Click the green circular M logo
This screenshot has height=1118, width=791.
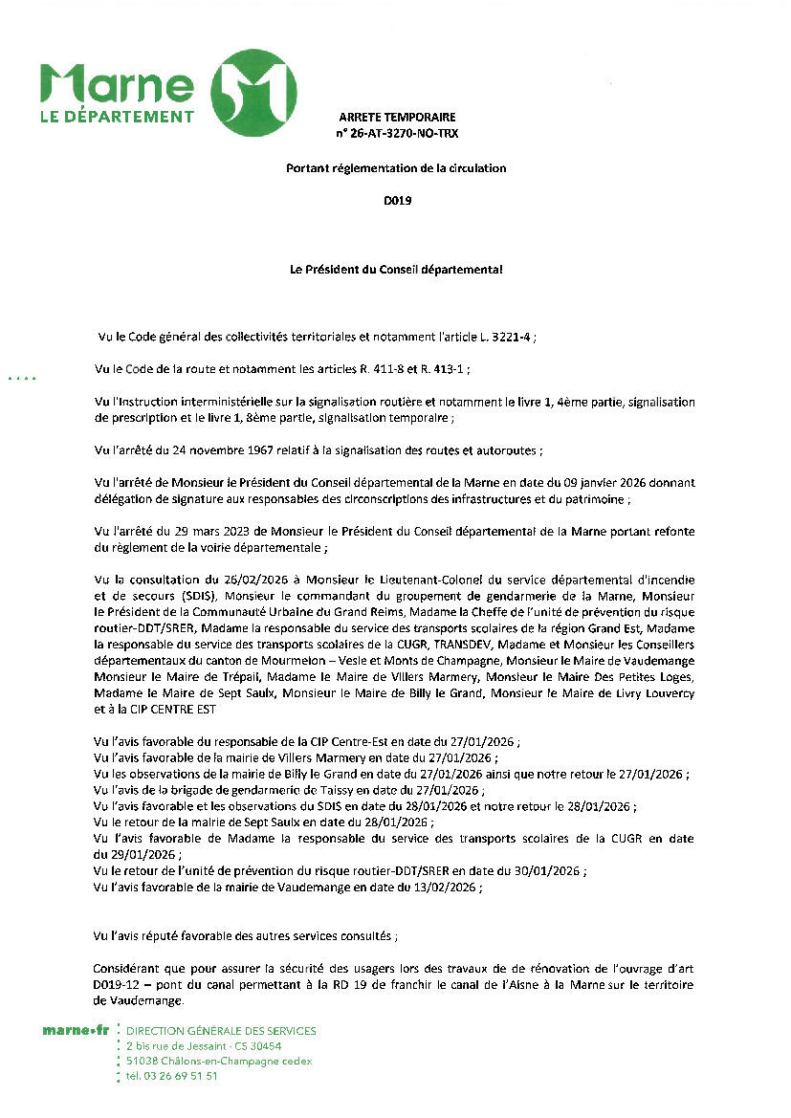pyautogui.click(x=253, y=93)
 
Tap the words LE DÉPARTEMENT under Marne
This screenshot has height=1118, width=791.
pyautogui.click(x=117, y=117)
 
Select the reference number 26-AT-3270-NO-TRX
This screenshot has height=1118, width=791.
pyautogui.click(x=401, y=134)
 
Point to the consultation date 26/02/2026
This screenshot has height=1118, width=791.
pyautogui.click(x=243, y=579)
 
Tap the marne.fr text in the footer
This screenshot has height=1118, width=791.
pyautogui.click(x=76, y=1031)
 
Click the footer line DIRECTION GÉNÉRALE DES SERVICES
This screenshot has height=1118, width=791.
pyautogui.click(x=220, y=1031)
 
